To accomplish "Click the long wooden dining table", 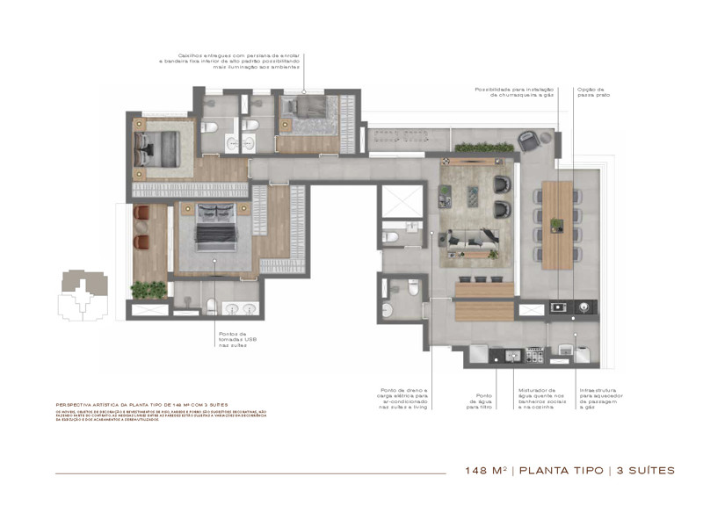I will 557,225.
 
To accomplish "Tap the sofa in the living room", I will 475,238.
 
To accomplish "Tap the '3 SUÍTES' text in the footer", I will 646,471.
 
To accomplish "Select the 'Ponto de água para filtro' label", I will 479,401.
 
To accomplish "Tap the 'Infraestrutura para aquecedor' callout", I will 599,398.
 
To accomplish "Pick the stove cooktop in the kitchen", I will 533,354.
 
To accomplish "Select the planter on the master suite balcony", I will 148,288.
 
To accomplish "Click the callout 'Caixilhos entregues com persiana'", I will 229,60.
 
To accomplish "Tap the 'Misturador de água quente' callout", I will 537,398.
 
